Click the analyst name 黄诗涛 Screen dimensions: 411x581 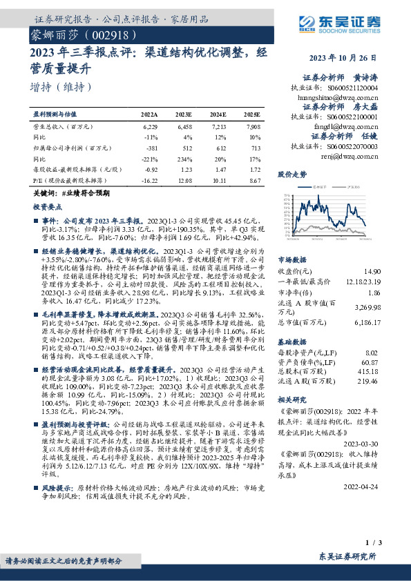(365, 78)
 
